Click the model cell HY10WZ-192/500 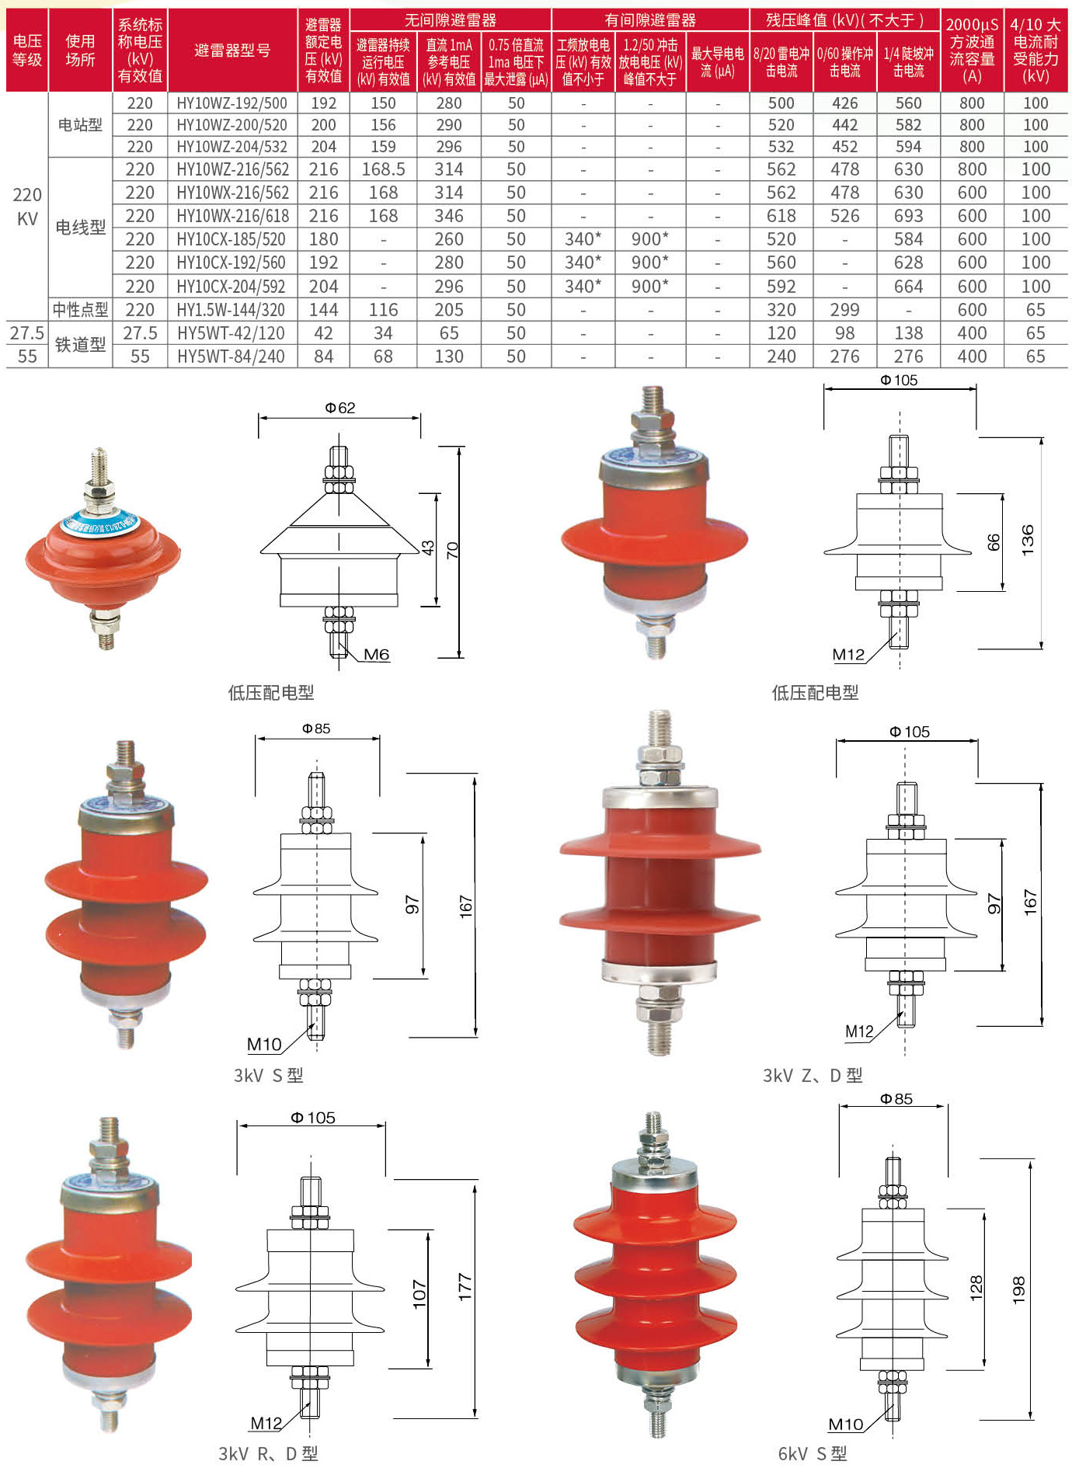231,103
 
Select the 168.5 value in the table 383,169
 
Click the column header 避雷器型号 232,51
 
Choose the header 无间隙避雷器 450,20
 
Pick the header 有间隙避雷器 650,20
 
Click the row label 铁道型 80,345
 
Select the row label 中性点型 80,310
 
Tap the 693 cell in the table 908,216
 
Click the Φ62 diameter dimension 339,408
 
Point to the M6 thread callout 376,655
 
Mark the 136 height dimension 1027,539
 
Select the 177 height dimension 465,1287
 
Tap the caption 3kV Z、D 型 812,1075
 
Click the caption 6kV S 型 812,1453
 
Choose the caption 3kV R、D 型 268,1453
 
